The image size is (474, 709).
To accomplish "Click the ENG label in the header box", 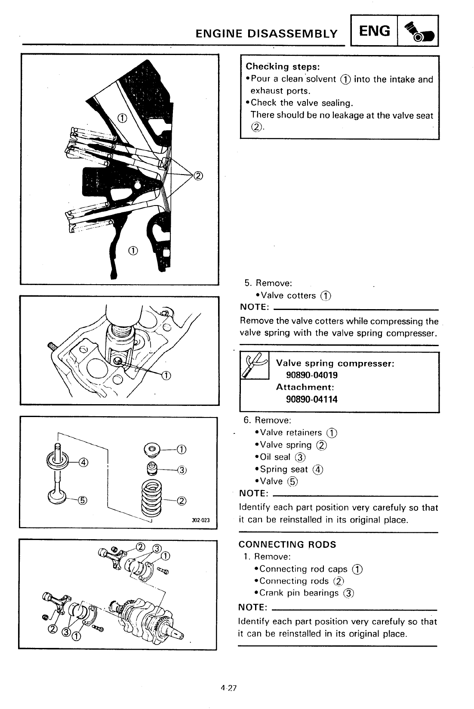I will (375, 31).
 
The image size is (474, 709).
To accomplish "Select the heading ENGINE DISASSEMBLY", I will (266, 34).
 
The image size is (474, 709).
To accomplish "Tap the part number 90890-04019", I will (312, 375).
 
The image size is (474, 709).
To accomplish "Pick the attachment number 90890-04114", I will (312, 399).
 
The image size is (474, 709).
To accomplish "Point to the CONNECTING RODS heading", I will (287, 544).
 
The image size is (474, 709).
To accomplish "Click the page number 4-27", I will (228, 688).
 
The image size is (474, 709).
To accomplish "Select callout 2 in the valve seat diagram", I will (198, 175).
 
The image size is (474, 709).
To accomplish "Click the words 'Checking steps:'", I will (282, 67).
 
